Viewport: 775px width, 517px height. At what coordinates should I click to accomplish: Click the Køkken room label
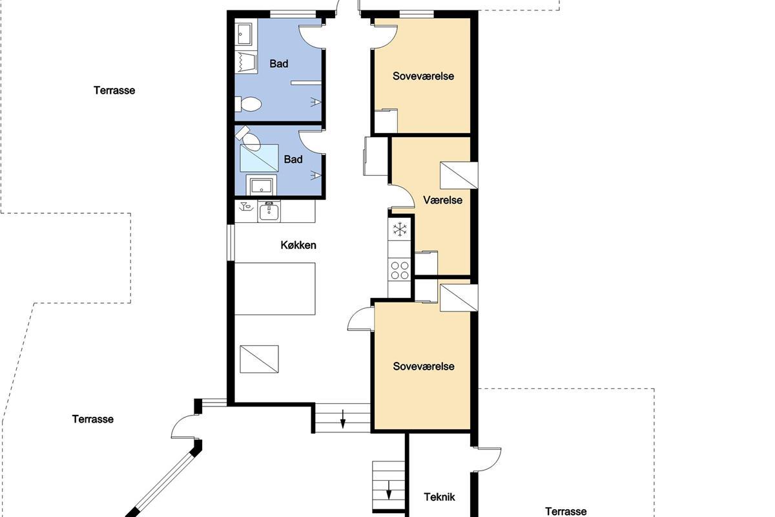[298, 245]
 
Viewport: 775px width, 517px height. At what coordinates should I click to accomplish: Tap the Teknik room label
[439, 497]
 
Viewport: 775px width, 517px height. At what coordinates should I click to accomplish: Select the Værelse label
[443, 200]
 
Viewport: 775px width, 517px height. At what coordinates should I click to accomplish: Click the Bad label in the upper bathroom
[279, 64]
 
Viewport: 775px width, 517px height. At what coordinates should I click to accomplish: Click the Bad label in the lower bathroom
[293, 159]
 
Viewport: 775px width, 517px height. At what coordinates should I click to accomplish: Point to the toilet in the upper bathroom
[248, 104]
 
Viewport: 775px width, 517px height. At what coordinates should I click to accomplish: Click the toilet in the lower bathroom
[249, 138]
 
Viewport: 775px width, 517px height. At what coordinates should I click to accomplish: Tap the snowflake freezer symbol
[400, 229]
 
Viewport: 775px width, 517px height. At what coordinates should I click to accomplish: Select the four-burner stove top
[400, 270]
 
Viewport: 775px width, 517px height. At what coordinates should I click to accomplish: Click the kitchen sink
[269, 211]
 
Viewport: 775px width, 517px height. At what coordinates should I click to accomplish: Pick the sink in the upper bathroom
[244, 34]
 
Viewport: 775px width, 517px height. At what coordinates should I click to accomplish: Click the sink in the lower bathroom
[261, 185]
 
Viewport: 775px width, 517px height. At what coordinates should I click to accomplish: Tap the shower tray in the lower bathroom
[259, 158]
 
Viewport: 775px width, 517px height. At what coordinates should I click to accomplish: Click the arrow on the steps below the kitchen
[343, 419]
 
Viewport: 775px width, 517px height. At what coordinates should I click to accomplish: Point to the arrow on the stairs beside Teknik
[389, 491]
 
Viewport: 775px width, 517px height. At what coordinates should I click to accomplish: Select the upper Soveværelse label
[423, 76]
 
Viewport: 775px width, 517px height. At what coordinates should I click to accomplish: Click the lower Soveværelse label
[424, 366]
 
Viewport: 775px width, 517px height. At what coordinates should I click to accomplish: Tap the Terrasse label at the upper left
[114, 90]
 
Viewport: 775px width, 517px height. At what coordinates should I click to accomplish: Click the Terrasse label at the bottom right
[566, 511]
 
